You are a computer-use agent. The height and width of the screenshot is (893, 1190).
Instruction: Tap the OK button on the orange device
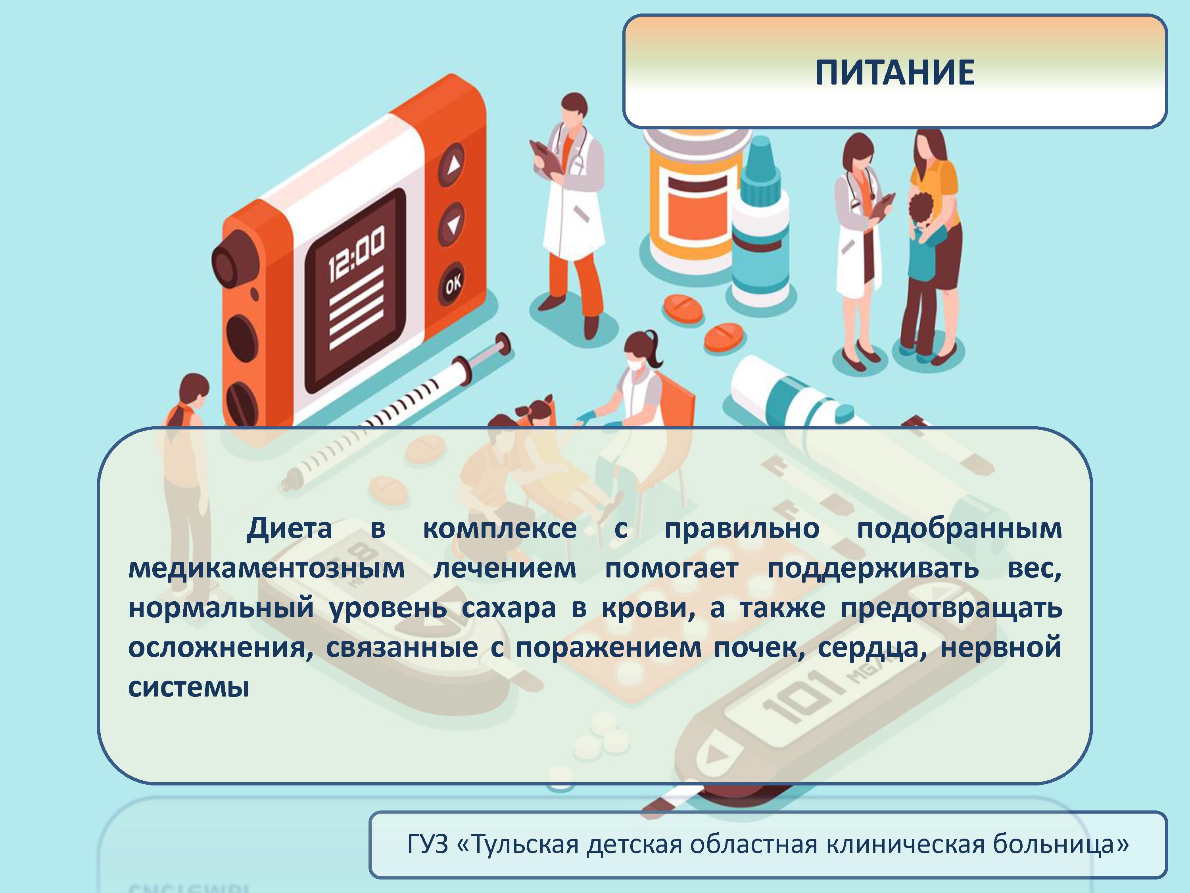click(453, 283)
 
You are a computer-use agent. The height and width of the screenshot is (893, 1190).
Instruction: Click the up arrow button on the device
click(453, 165)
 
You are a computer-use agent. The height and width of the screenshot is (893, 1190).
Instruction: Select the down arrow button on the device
click(453, 223)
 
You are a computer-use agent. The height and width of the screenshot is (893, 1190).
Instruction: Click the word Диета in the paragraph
click(290, 529)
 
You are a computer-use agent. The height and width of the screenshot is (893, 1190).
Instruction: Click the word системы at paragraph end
click(188, 687)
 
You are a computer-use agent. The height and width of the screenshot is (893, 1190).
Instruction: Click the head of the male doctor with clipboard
click(574, 110)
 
